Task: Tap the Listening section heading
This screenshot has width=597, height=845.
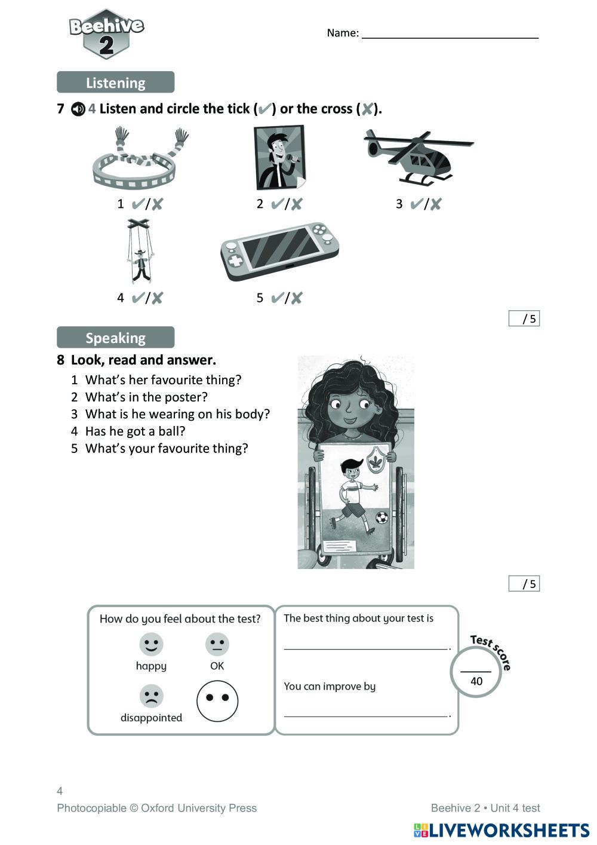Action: (115, 82)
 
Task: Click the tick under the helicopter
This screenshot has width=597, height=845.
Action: (417, 204)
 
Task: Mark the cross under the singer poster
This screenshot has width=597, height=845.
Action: (296, 204)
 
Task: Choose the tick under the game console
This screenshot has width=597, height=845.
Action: (277, 298)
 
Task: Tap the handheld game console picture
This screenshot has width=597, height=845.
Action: (279, 252)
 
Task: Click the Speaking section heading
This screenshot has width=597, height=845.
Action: (115, 338)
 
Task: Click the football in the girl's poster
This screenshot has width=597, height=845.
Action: (381, 517)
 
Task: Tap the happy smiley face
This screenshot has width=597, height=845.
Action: (151, 644)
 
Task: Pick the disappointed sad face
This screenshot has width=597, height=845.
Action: (151, 696)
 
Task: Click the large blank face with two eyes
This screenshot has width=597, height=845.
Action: (217, 700)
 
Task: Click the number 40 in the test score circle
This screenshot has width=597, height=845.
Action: (476, 681)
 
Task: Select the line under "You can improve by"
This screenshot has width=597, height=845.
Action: (366, 715)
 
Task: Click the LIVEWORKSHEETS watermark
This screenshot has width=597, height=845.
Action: (501, 830)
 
